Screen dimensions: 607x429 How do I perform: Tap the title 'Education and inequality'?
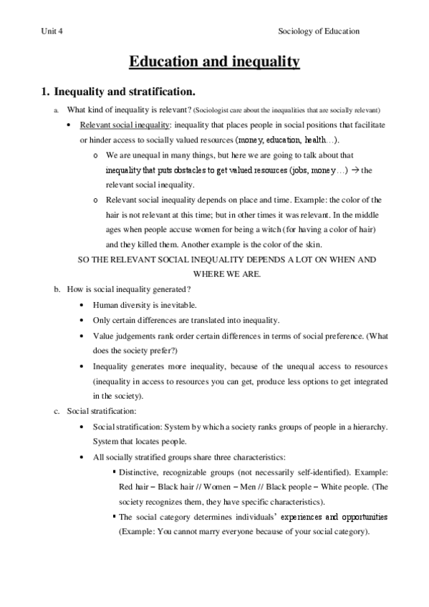click(213, 62)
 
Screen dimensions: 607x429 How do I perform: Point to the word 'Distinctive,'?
click(143, 473)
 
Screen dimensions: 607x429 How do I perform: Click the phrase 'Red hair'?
click(134, 488)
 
